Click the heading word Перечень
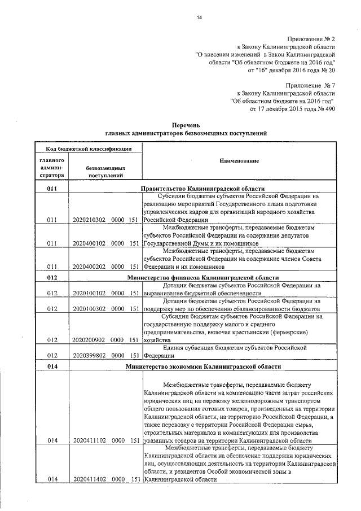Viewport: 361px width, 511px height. coord(186,124)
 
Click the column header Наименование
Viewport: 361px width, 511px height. coord(240,161)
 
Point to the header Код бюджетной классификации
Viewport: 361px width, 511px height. coord(89,149)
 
